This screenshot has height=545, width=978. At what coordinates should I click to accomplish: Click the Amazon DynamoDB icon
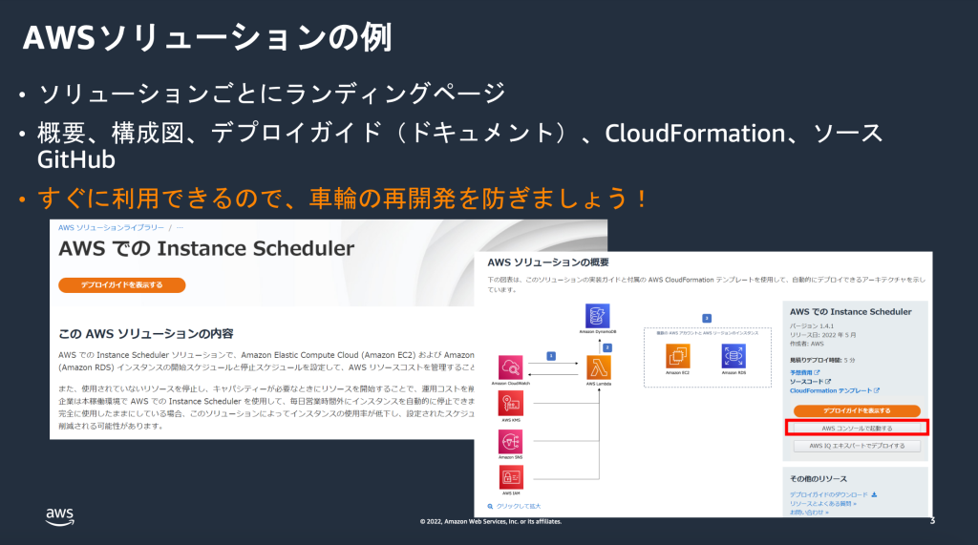click(x=600, y=315)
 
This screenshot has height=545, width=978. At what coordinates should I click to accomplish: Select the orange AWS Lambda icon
click(x=599, y=367)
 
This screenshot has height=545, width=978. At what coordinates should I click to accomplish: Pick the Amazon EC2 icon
click(x=678, y=357)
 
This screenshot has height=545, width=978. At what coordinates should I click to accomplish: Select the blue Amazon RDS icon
click(x=733, y=357)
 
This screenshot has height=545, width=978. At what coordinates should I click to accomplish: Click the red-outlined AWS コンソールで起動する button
click(x=857, y=429)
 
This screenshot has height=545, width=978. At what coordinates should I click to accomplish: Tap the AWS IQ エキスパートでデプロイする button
click(x=857, y=446)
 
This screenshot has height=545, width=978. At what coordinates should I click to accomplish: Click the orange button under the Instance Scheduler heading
click(x=121, y=284)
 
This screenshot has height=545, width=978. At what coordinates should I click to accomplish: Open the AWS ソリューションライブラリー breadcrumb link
click(x=111, y=228)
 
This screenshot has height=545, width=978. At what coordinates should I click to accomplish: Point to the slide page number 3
click(x=932, y=521)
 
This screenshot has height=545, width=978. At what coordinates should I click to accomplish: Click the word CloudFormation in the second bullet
click(x=695, y=133)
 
